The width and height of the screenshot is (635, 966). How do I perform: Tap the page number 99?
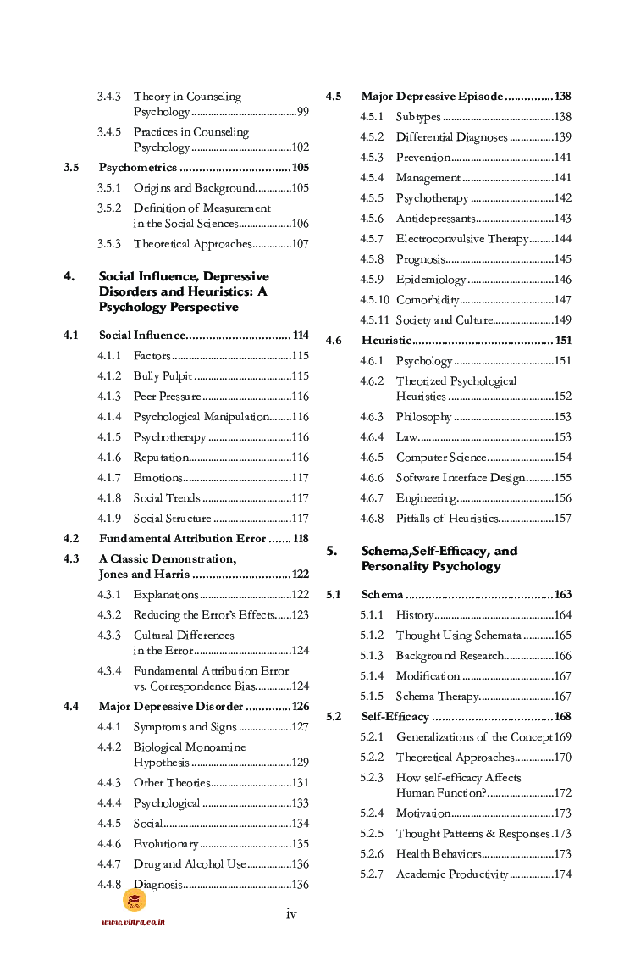click(302, 112)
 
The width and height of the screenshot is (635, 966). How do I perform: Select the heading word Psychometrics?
click(138, 168)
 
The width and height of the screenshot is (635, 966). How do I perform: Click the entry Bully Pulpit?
click(163, 376)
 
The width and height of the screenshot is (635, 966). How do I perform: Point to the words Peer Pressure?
click(167, 397)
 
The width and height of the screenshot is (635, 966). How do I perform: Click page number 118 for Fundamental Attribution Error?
click(300, 539)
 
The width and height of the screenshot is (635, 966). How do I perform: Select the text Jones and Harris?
click(144, 575)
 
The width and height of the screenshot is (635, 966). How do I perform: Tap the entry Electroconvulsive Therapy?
click(461, 239)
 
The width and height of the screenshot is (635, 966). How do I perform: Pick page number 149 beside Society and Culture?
click(562, 320)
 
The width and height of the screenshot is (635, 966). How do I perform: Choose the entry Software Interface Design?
click(461, 478)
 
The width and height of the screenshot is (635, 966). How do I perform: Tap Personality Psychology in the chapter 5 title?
click(431, 566)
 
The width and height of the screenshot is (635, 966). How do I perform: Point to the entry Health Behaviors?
click(439, 854)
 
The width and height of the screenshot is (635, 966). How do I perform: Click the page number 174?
click(562, 874)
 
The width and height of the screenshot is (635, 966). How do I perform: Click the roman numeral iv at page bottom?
click(291, 913)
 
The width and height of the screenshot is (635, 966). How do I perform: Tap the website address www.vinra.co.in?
click(133, 923)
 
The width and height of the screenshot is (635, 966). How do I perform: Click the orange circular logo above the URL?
click(135, 901)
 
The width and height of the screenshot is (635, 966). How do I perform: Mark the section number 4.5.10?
click(374, 300)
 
